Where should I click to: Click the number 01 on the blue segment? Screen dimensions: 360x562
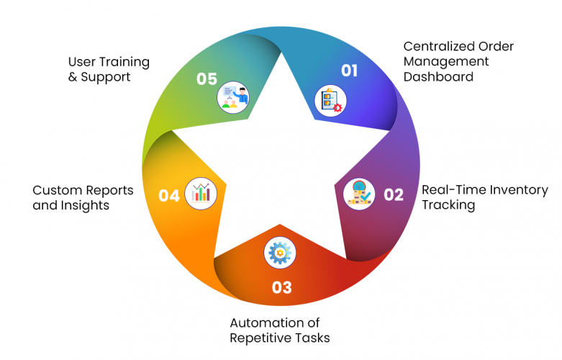tap(348, 70)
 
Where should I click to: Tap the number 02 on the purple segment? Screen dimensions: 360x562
tap(394, 194)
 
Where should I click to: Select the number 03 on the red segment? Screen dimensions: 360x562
tap(282, 287)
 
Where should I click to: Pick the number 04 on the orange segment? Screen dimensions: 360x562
tap(169, 195)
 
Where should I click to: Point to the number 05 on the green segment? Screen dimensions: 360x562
tap(207, 78)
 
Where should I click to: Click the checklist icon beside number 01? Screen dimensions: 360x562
tap(331, 100)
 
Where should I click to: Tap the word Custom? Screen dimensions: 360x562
tap(55, 190)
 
